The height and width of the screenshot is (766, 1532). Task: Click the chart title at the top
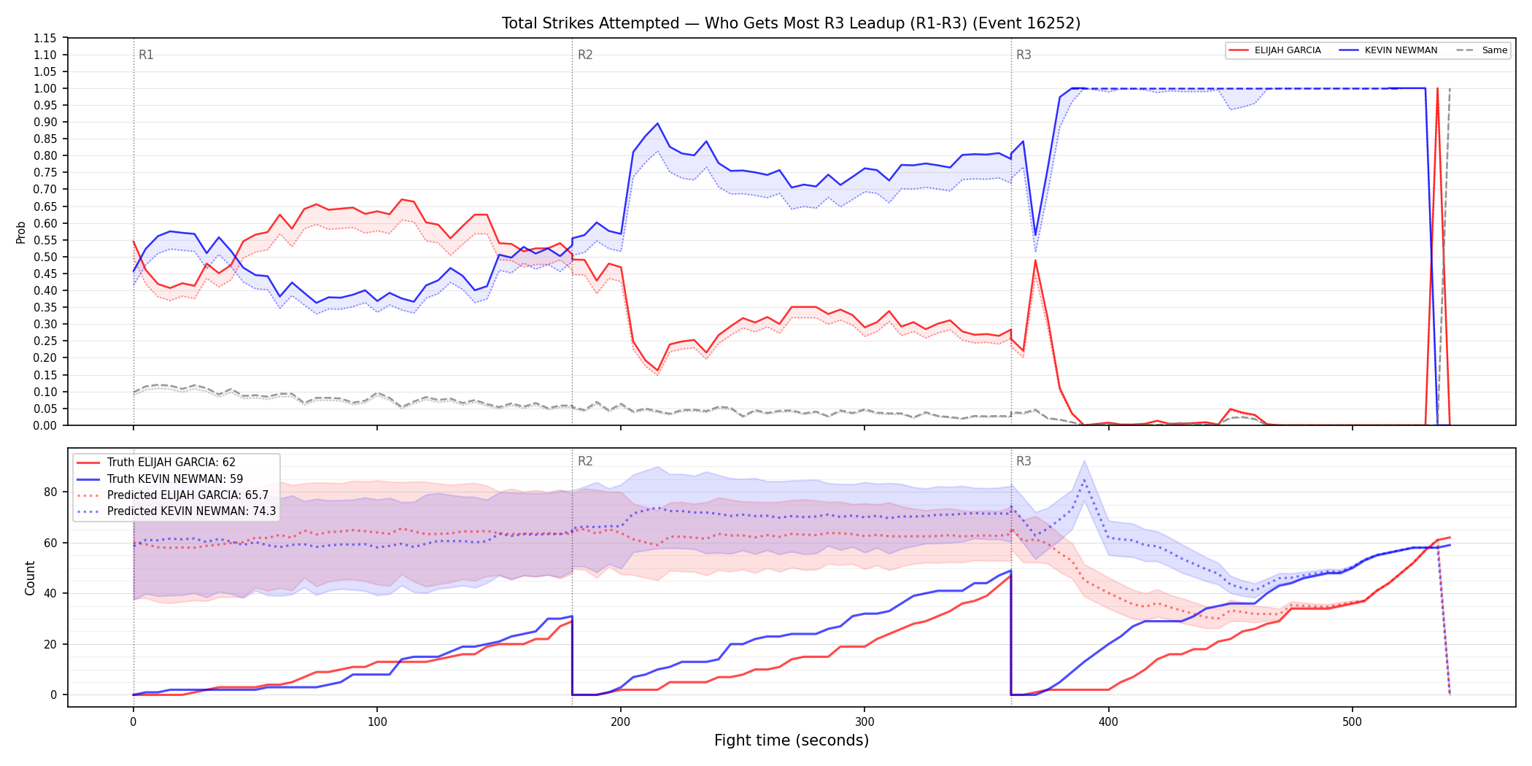(791, 23)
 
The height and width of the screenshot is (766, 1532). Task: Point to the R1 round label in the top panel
(146, 55)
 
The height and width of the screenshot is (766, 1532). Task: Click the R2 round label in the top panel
(585, 55)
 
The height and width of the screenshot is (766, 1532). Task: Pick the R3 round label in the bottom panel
(1024, 461)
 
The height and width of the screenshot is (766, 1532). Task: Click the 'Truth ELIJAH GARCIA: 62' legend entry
(171, 463)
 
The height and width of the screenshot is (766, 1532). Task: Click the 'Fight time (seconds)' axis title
(792, 740)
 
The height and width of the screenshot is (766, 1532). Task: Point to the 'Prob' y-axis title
(21, 232)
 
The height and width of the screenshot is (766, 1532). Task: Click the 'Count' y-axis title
(30, 578)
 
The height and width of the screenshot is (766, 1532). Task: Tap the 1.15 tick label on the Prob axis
(45, 38)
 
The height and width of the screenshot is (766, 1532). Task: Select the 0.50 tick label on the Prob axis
(45, 257)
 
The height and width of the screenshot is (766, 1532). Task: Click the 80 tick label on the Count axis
(50, 492)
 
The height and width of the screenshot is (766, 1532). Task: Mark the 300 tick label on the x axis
(864, 721)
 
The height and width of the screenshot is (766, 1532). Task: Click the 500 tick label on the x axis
(1352, 721)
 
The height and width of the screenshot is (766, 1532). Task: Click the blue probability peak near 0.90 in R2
(657, 123)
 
